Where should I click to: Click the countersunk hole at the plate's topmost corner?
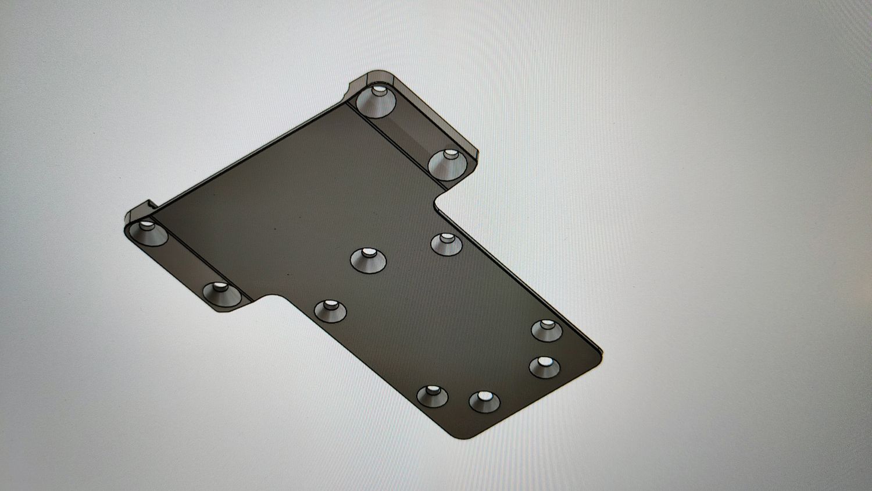point(376,101)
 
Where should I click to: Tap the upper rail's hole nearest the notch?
point(448,163)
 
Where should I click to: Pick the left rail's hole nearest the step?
point(221,294)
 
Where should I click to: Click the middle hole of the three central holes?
point(369,259)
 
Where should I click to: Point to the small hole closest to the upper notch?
point(446,243)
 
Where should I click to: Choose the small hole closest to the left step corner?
point(330,309)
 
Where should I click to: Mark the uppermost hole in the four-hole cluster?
point(547,330)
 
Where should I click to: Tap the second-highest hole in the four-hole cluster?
point(545,367)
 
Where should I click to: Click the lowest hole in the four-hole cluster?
point(484,401)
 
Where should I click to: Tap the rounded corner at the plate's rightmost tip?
point(599,353)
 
